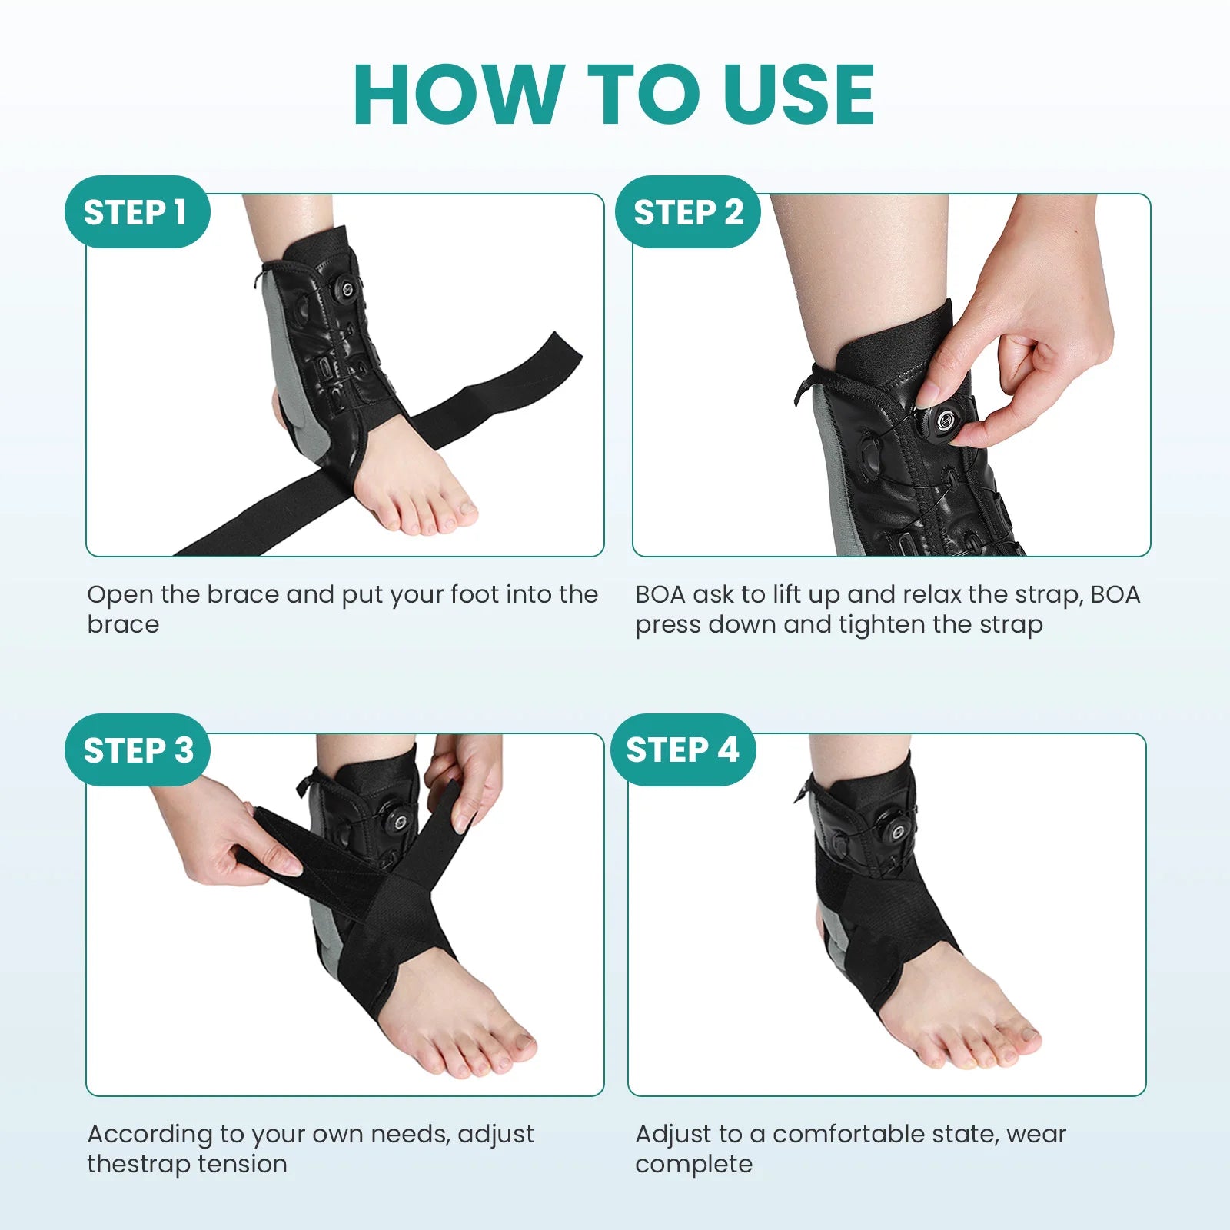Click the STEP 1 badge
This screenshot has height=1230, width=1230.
coord(137,212)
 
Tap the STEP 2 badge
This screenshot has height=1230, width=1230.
coord(687,212)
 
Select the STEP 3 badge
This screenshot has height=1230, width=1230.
coord(137,750)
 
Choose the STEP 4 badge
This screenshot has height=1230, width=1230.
coord(683,750)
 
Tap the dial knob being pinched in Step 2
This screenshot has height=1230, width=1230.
coord(946,420)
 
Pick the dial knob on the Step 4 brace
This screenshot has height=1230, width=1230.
coord(894,830)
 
